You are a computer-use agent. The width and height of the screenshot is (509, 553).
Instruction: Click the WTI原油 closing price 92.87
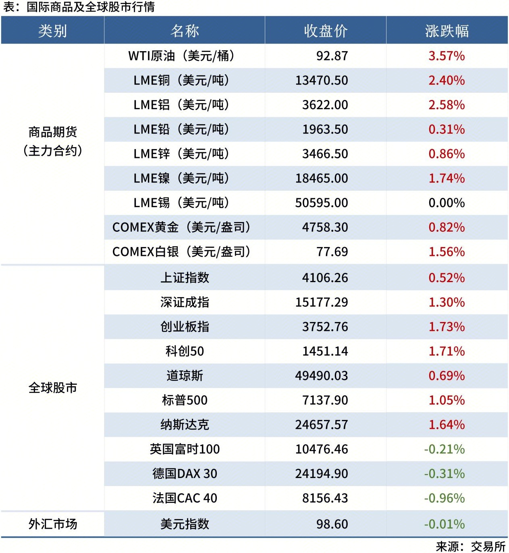point(332,56)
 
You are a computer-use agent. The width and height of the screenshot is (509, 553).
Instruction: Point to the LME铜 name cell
point(181,81)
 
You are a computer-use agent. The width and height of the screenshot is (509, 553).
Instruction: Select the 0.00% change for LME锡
point(447,203)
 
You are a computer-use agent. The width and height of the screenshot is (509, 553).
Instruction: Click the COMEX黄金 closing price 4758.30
point(325,227)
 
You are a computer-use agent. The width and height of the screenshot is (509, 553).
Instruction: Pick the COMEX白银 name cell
point(181,252)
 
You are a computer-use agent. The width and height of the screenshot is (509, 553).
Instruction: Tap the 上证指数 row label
point(185,278)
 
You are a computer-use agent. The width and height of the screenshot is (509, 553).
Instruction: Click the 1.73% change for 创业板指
point(447,327)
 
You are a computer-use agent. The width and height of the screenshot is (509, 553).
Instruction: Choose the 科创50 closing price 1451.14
point(325,351)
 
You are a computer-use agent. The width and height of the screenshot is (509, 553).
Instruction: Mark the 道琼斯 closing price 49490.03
point(321,376)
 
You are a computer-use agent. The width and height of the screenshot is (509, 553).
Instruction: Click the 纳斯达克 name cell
point(185,425)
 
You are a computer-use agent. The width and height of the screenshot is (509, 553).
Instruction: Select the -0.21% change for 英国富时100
point(444,449)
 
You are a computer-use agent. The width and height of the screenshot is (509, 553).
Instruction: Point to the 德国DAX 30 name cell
point(185,474)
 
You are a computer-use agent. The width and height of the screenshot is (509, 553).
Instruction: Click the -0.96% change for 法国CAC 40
point(444,499)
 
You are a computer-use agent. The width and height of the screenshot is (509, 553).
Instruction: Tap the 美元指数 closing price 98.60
point(332,524)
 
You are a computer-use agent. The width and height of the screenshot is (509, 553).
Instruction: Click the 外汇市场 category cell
point(52,524)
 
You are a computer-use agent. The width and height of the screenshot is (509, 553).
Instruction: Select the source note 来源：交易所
point(470,547)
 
